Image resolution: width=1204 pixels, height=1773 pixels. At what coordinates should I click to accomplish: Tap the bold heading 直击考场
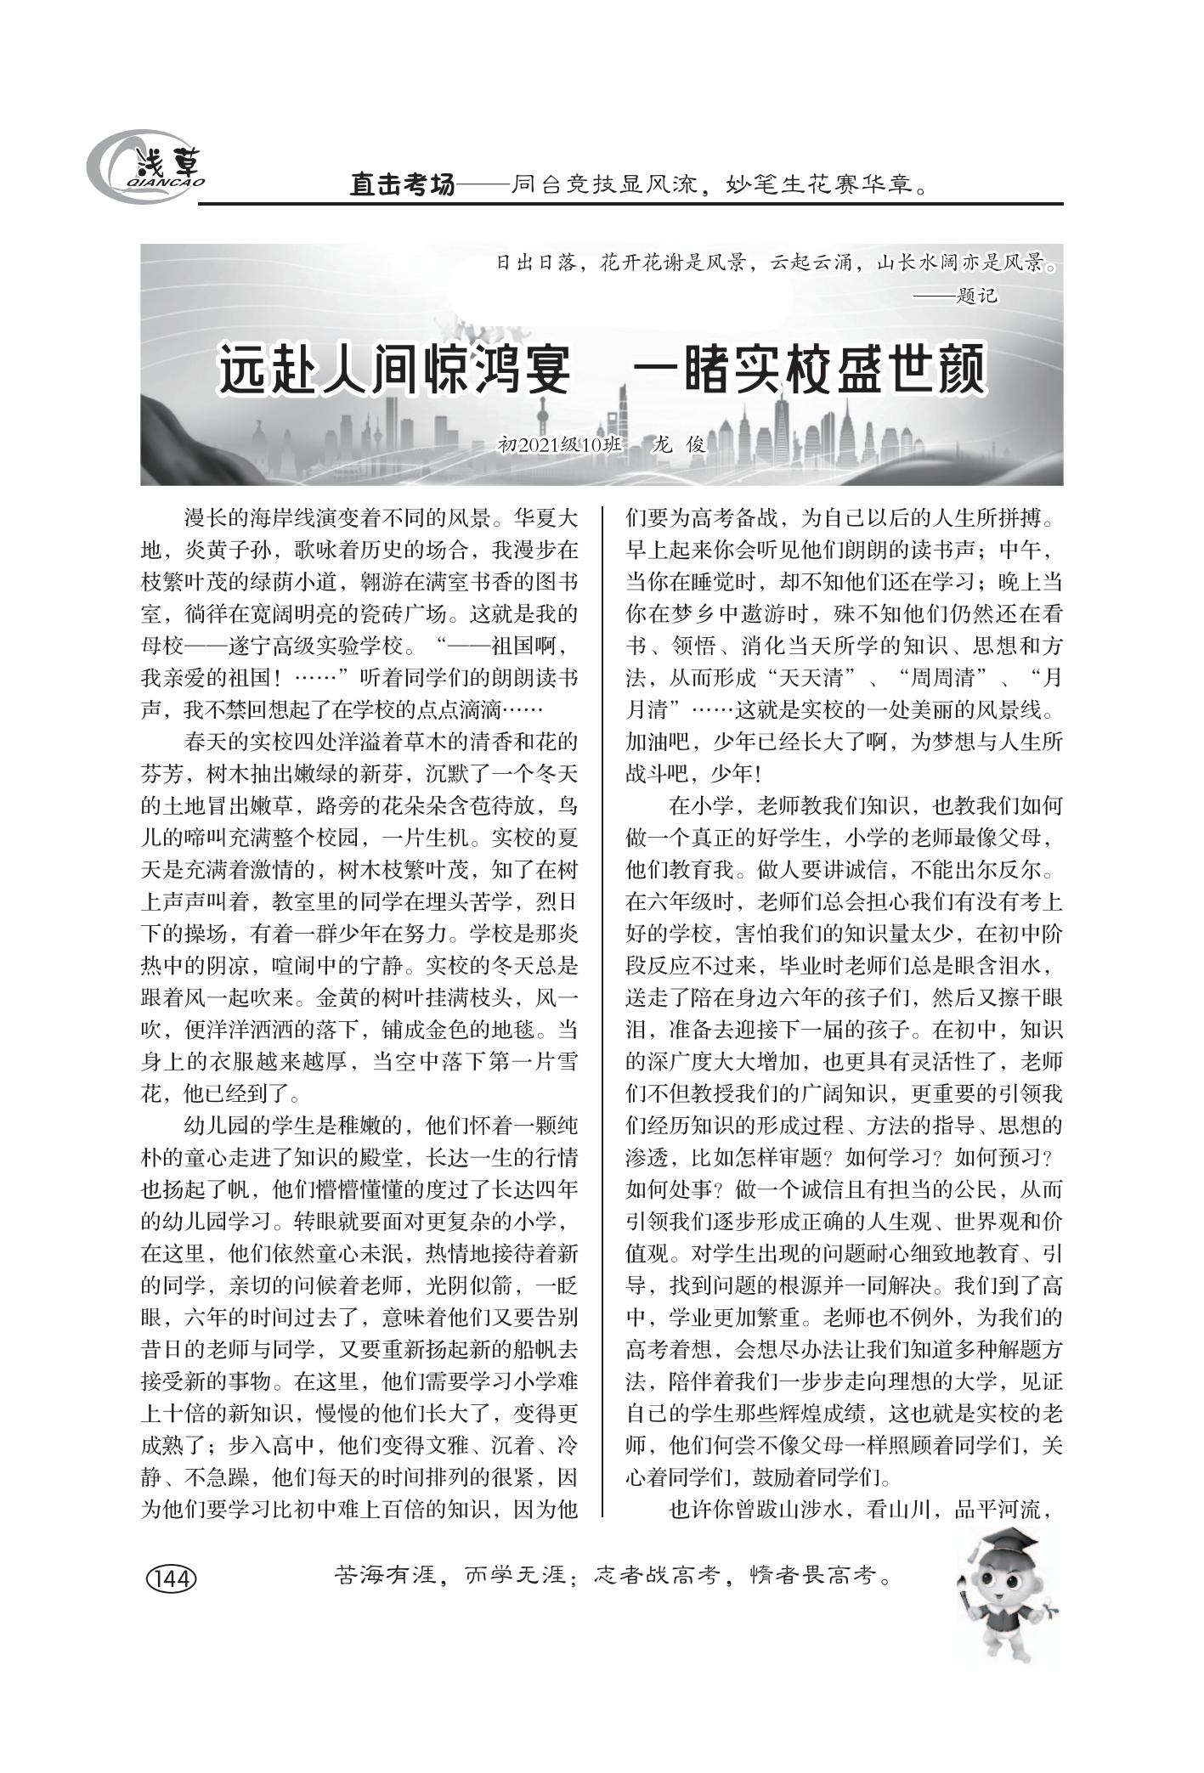pos(403,185)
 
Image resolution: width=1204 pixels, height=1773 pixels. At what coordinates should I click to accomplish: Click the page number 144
pos(172,1578)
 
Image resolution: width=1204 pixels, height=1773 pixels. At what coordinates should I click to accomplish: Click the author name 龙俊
pos(677,444)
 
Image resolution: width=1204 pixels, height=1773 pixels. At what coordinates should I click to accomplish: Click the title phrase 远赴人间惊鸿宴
pos(393,370)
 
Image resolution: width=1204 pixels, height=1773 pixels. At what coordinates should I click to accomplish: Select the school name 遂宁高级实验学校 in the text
pos(316,647)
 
